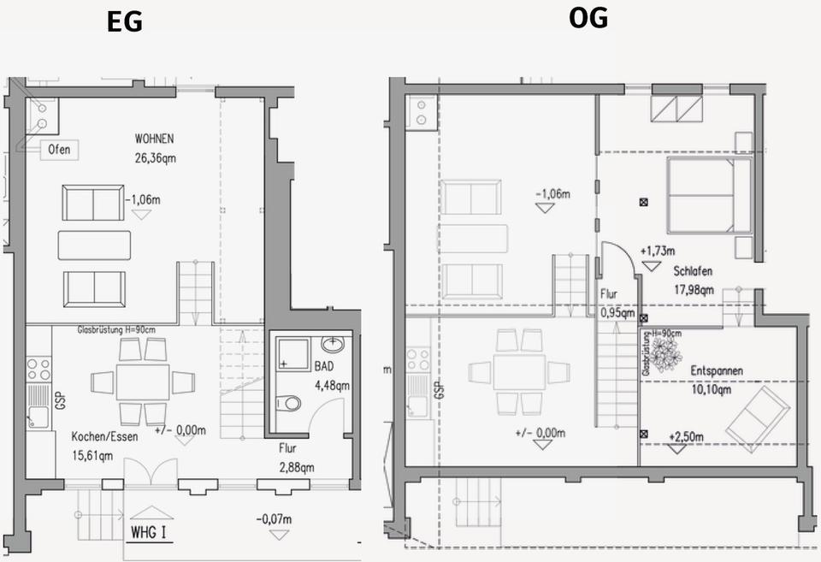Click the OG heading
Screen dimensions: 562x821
(x=588, y=17)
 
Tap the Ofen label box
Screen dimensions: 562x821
(x=60, y=151)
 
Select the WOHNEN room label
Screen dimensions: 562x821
(x=155, y=139)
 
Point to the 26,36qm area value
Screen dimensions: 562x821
(x=155, y=157)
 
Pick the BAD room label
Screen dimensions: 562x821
(x=324, y=366)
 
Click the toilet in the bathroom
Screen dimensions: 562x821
(x=292, y=402)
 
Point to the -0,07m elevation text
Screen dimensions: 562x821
(x=274, y=519)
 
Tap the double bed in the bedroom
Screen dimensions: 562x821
(x=709, y=196)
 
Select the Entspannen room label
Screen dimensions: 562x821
(x=716, y=371)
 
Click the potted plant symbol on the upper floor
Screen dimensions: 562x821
(x=664, y=352)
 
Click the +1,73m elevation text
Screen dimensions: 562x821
(x=657, y=251)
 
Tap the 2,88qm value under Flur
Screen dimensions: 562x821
(x=295, y=467)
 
